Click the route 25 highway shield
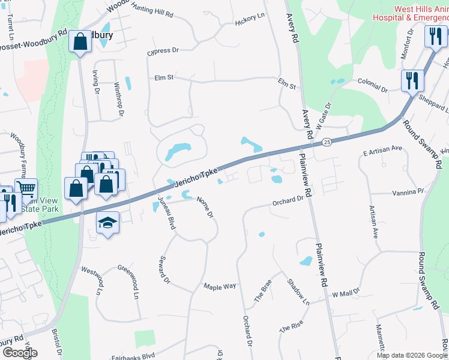coord(327,142)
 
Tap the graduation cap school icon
coord(107,223)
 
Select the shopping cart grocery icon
coord(26,188)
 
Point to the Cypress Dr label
coord(163,52)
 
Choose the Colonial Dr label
coord(372,85)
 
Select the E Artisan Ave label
coord(382,151)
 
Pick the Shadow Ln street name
coord(298,292)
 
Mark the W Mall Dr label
coord(345,293)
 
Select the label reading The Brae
coord(263,290)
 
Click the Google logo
coord(20,352)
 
